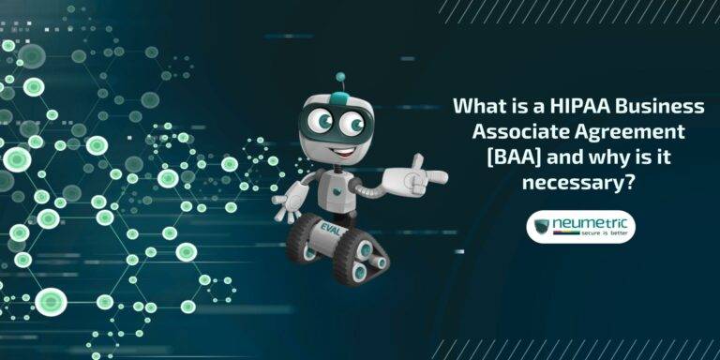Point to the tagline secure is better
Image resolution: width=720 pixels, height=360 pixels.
tap(594, 236)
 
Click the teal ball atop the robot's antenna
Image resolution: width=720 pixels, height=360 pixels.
tap(340, 77)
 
